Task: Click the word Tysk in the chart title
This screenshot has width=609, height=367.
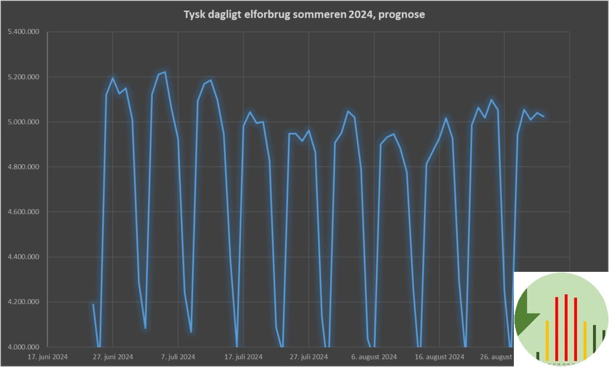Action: [x=194, y=15]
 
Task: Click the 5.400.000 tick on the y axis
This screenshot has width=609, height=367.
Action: [x=21, y=32]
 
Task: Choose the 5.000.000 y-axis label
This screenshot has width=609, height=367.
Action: [x=21, y=122]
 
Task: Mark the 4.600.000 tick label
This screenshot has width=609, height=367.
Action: [x=21, y=212]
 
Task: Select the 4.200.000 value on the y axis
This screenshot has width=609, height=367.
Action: [x=21, y=302]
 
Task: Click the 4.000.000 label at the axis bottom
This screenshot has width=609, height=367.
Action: [x=21, y=347]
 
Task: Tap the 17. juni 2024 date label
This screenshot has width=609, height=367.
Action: [x=48, y=357]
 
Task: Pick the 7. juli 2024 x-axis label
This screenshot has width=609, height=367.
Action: [x=178, y=357]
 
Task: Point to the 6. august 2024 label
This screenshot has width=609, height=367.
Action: [x=374, y=357]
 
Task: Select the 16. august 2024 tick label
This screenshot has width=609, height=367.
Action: [x=440, y=357]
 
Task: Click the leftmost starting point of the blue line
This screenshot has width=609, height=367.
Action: [x=93, y=305]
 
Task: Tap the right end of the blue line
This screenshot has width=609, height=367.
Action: [x=544, y=117]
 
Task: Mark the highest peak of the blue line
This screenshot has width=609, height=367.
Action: [x=165, y=72]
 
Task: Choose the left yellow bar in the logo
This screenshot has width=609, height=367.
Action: [x=547, y=340]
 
